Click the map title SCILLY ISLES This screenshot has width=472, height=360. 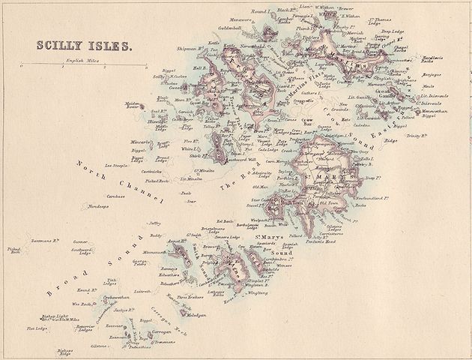coord(85,45)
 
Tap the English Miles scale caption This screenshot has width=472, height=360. coord(84,58)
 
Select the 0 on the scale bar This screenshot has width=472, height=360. coord(22,67)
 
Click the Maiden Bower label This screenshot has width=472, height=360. coord(133,106)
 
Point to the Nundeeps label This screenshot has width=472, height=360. coord(98,205)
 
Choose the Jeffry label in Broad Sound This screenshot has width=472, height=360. coord(155,223)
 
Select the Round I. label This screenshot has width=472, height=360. coord(260,13)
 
